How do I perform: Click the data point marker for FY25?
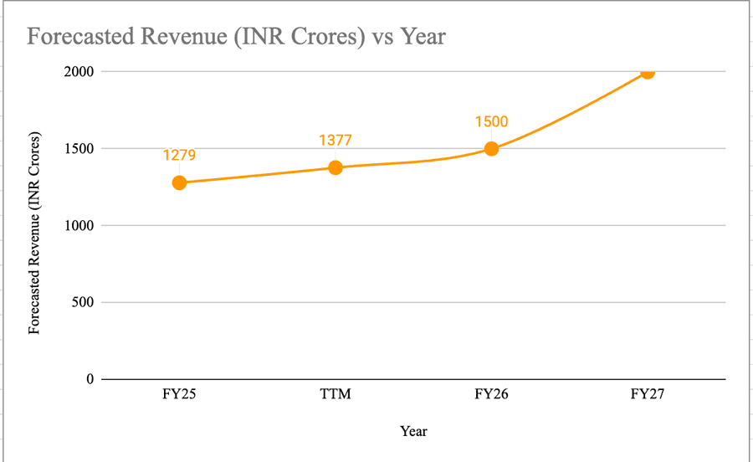tap(179, 182)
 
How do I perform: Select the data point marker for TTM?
tap(335, 167)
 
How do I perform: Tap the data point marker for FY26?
tap(491, 149)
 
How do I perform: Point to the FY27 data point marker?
tap(647, 72)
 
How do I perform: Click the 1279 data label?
tap(179, 155)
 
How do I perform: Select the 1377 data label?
tap(335, 140)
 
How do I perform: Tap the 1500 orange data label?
tap(491, 121)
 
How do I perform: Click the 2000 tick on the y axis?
tap(79, 72)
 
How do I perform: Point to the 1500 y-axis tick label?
tap(79, 149)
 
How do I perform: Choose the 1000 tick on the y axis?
tap(79, 225)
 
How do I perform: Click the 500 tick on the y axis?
tap(83, 302)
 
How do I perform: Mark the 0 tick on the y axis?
tap(90, 379)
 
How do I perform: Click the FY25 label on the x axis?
tap(179, 395)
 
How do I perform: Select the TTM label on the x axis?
tap(335, 395)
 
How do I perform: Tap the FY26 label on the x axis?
tap(491, 395)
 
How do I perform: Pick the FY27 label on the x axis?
tap(647, 395)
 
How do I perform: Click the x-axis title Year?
tap(413, 431)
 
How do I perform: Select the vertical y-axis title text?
tap(34, 233)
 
